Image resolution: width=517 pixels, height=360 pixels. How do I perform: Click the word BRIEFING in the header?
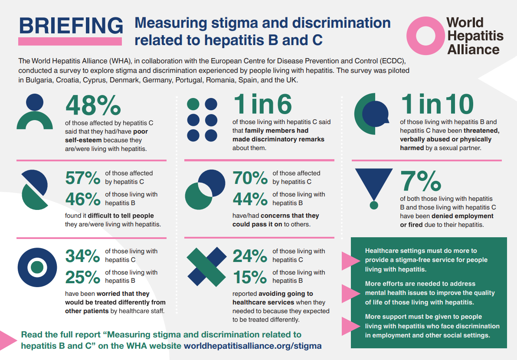coord(71,26)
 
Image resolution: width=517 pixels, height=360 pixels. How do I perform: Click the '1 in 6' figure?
coord(262,105)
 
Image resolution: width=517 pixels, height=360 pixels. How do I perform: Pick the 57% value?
coord(83,178)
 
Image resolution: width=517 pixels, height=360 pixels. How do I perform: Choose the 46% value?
coord(83,200)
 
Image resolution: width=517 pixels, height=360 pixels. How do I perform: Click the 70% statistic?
coord(250,178)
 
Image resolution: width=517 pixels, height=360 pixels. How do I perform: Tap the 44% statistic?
coord(250,200)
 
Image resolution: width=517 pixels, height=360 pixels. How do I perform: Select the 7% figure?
coord(420,181)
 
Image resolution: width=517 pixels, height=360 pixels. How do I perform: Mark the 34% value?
coord(83,256)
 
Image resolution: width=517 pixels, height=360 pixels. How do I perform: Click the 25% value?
coord(83,277)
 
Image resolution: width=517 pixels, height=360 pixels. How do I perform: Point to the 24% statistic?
coord(250,256)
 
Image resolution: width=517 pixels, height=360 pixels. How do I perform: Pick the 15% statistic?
coord(250,277)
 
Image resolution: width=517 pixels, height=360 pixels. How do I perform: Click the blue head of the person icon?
coord(35,102)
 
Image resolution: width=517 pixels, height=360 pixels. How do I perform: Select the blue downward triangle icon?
coord(374,182)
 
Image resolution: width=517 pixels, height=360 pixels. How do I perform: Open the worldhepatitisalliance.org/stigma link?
coord(253,346)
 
